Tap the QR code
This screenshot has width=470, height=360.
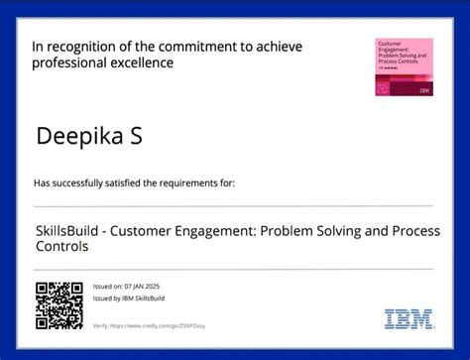(x=59, y=305)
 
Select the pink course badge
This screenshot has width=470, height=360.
(x=404, y=67)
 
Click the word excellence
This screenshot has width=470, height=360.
(x=142, y=63)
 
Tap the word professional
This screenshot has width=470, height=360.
(x=68, y=63)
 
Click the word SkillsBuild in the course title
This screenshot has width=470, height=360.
(x=67, y=230)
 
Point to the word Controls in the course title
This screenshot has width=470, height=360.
(x=60, y=246)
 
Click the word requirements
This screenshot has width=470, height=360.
(x=176, y=183)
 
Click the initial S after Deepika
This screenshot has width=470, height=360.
(x=134, y=136)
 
